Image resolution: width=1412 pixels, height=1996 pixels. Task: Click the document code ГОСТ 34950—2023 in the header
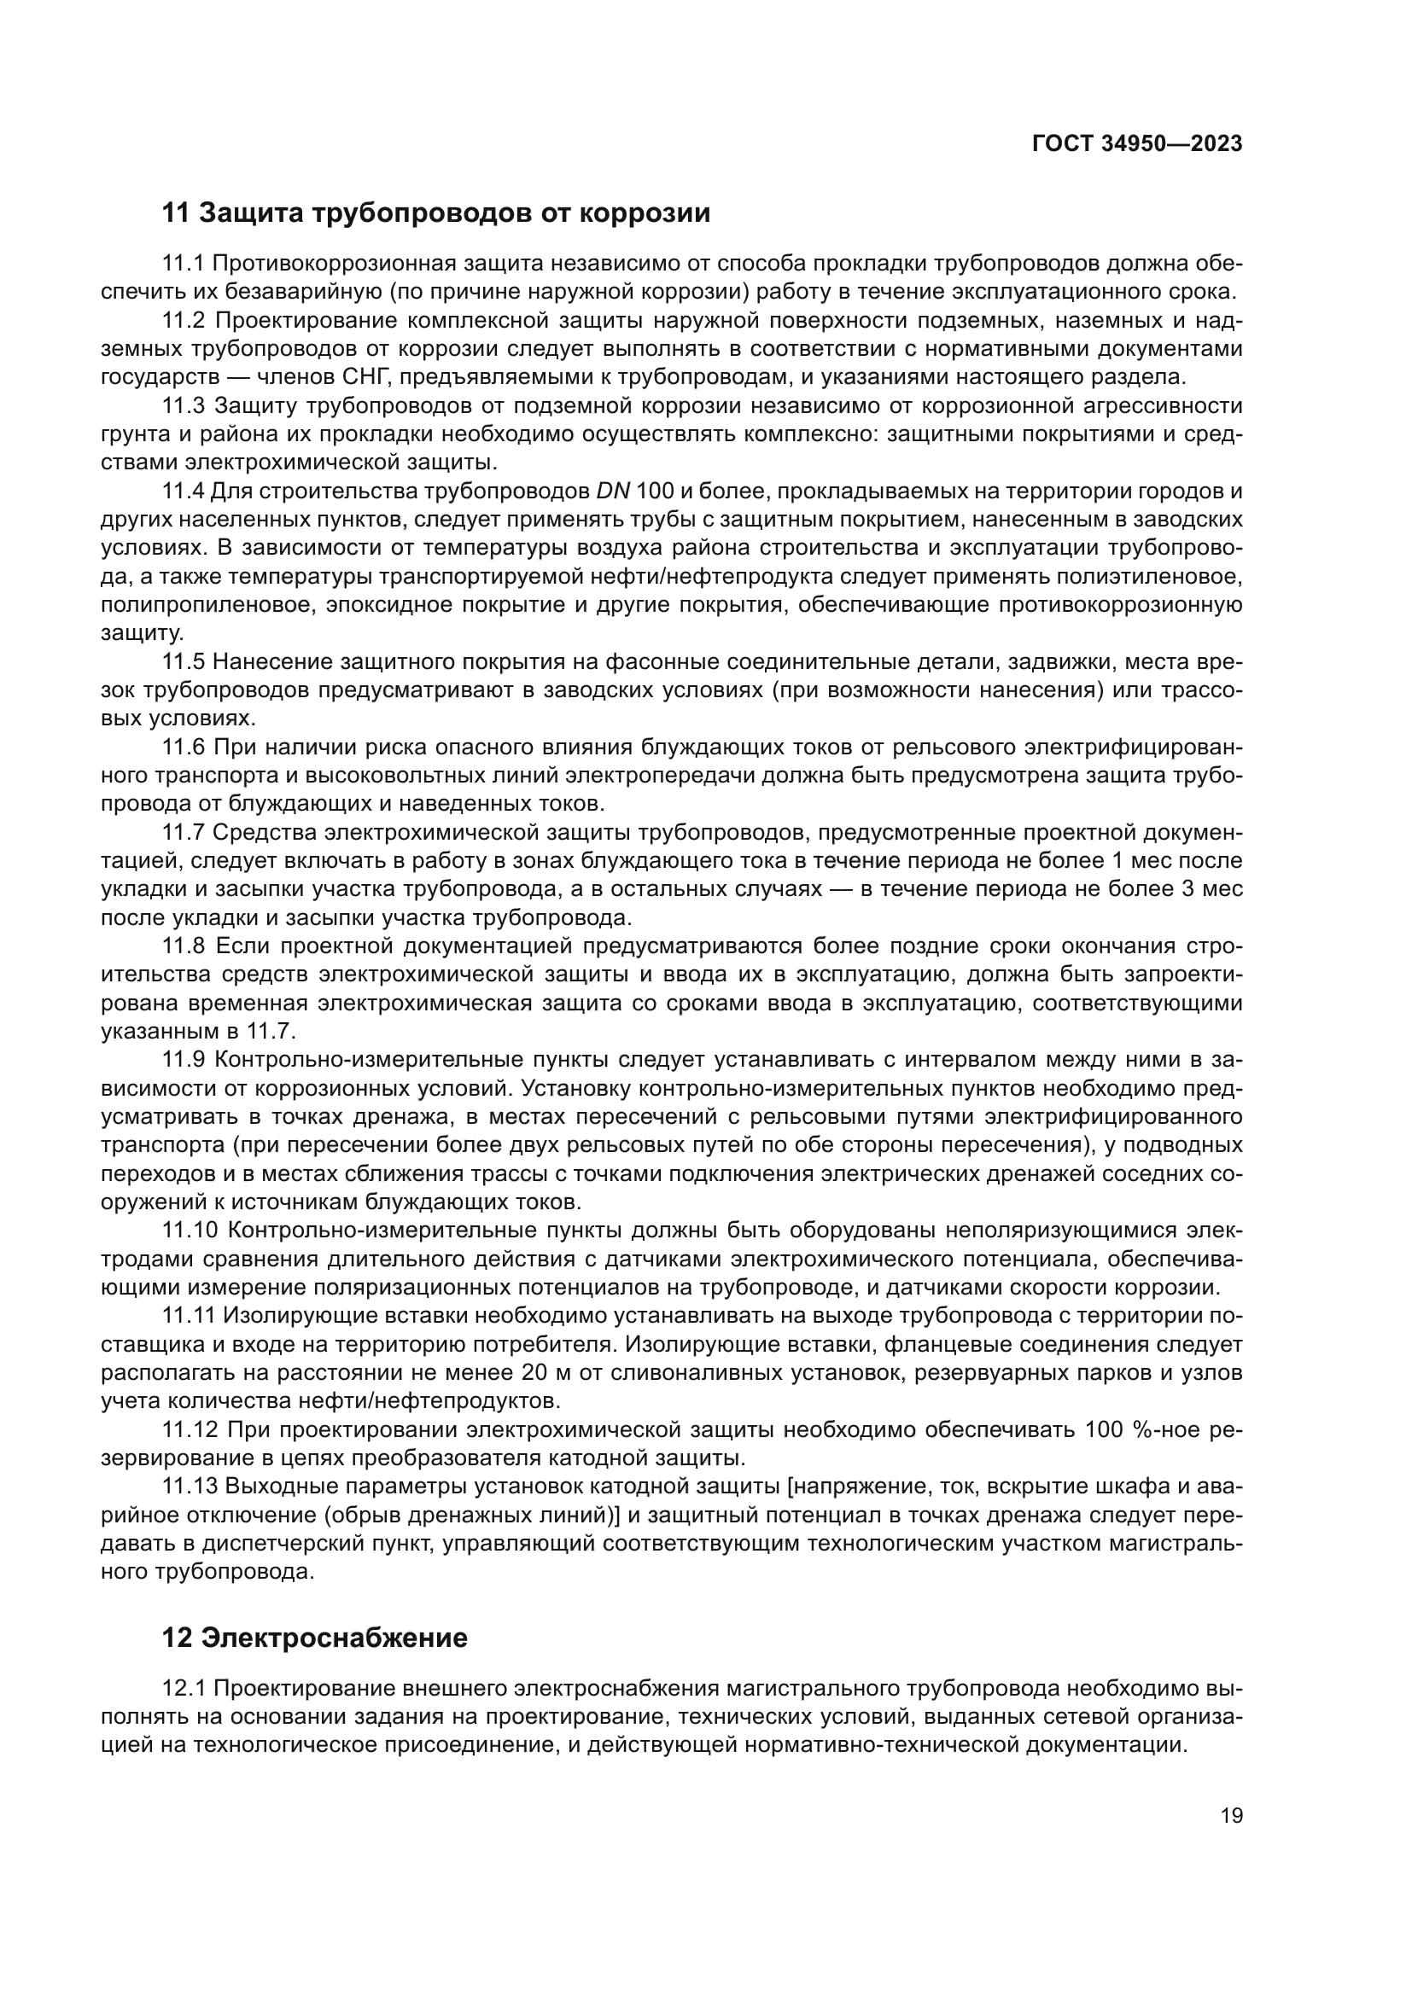pyautogui.click(x=1137, y=143)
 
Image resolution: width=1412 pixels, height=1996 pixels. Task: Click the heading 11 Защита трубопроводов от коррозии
pyautogui.click(x=436, y=213)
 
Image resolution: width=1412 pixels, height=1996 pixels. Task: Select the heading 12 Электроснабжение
pyautogui.click(x=315, y=1638)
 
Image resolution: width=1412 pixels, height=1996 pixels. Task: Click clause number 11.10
pyautogui.click(x=190, y=1231)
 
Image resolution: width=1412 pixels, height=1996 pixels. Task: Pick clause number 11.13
pyautogui.click(x=190, y=1487)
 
